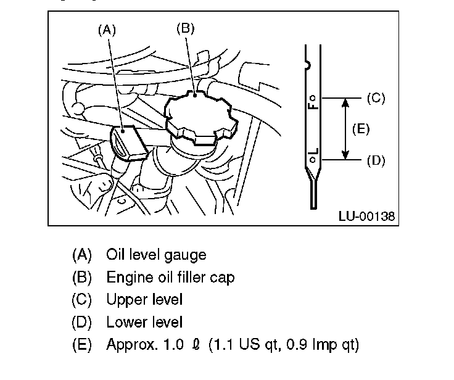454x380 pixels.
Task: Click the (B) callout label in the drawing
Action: pyautogui.click(x=186, y=27)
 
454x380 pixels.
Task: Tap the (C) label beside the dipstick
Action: pyautogui.click(x=376, y=97)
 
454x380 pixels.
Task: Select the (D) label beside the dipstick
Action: pyautogui.click(x=376, y=160)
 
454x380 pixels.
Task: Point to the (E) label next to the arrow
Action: pyautogui.click(x=361, y=128)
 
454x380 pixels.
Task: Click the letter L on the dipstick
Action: pyautogui.click(x=313, y=151)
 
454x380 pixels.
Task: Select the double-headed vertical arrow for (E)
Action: pyautogui.click(x=345, y=128)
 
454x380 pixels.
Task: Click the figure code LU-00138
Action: pyautogui.click(x=366, y=216)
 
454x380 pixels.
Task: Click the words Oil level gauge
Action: pyautogui.click(x=156, y=254)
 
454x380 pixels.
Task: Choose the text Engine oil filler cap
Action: pyautogui.click(x=170, y=277)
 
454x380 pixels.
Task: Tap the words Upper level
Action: pyautogui.click(x=144, y=299)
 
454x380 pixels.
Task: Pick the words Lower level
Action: pyautogui.click(x=144, y=321)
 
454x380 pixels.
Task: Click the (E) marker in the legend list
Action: pyautogui.click(x=82, y=344)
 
